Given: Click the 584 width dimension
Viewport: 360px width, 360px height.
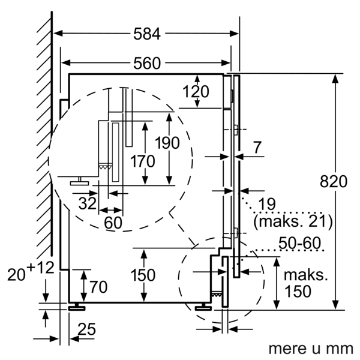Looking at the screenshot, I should point(146,35).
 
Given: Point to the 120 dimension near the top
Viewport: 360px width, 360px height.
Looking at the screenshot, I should point(196,92).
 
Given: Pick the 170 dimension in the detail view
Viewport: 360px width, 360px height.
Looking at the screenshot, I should point(142,161).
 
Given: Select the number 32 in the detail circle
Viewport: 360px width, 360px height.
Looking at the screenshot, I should point(88,202).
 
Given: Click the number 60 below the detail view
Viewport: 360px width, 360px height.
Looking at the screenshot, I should point(113,223).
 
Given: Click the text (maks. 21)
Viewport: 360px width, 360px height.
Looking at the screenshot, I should point(293,221).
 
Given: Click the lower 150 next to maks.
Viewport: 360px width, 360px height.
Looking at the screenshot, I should point(298,292).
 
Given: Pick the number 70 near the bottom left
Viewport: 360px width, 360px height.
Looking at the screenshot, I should point(98,286).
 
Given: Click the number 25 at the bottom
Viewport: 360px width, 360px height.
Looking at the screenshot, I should point(86,329).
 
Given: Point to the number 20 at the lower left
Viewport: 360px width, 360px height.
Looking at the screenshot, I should point(17,275).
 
